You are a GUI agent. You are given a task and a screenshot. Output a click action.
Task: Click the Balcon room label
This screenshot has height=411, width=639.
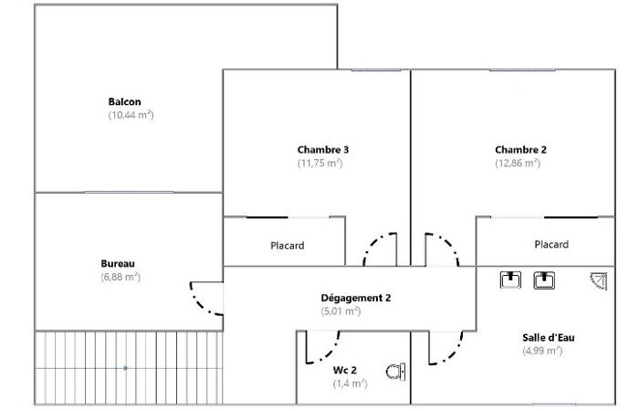coord(125,101)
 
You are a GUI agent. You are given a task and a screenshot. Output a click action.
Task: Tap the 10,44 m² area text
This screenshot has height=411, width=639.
coord(131,115)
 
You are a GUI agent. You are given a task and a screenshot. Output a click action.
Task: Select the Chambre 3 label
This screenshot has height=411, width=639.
coord(323,150)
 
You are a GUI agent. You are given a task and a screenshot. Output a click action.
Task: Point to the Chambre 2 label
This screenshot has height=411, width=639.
coord(521,150)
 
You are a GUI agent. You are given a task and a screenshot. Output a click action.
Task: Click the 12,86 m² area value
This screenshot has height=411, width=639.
coord(518,163)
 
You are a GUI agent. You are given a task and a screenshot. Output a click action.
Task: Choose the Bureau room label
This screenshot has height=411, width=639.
coord(118,263)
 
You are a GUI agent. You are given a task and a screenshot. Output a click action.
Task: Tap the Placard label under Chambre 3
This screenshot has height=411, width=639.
coord(288,246)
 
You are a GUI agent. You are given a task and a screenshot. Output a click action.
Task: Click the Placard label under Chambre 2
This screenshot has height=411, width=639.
coord(551,244)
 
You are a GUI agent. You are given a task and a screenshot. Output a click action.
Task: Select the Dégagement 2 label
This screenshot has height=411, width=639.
coord(356,298)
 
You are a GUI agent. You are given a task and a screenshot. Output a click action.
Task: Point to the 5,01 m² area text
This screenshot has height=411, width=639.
coord(340,311)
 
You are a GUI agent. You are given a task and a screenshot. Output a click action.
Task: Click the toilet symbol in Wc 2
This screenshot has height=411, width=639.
coord(395,372)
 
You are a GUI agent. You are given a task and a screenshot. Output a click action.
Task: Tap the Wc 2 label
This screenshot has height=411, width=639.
coord(345,370)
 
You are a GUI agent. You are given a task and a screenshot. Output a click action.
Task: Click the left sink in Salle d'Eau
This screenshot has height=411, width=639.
coord(510,279)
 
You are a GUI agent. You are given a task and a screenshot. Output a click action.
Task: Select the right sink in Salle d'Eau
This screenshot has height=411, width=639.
coord(544,280)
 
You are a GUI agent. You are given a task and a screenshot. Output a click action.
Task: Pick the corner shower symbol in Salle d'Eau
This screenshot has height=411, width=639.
coord(599,281)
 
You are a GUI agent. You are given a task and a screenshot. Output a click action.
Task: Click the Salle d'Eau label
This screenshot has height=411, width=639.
coord(549,338)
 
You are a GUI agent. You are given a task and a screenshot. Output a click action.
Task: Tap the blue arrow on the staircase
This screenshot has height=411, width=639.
coord(126,368)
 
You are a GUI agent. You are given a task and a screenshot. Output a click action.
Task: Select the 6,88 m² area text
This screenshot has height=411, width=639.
coord(120,278)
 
